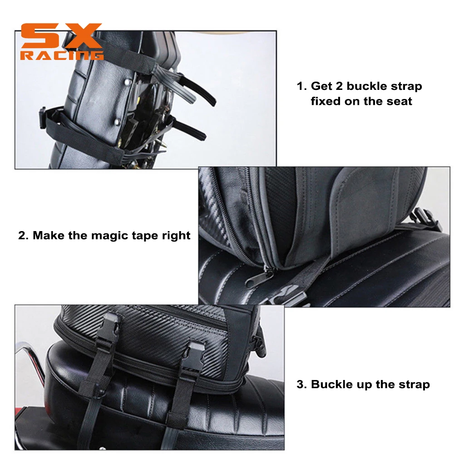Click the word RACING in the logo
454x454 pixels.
point(62,55)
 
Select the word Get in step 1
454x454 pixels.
point(321,86)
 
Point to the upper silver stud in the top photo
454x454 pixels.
point(127,83)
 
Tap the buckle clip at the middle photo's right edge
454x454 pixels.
point(428,219)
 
